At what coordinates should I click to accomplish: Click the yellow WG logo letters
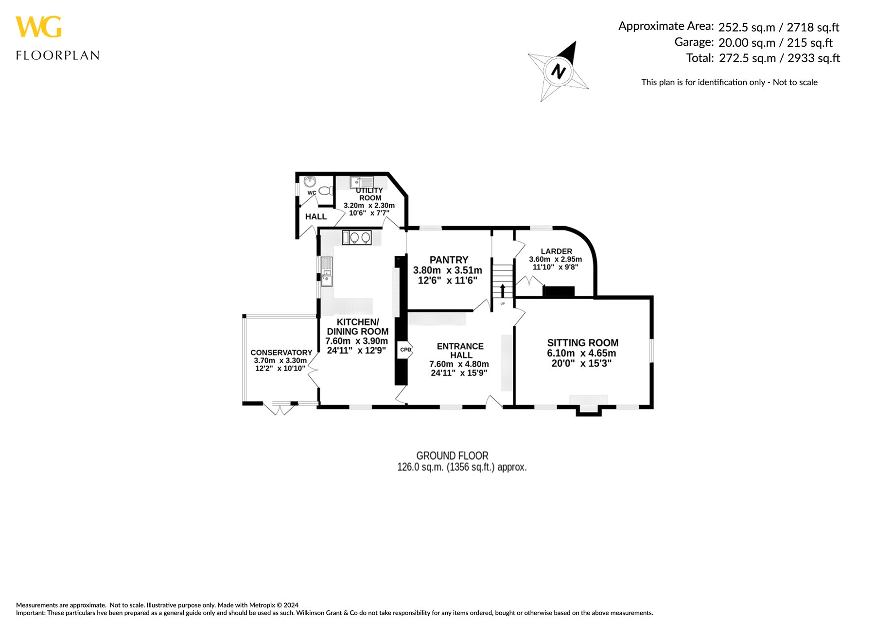38,27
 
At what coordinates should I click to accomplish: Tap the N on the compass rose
559,71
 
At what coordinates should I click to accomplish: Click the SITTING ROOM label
582,343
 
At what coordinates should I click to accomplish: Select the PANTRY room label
449,260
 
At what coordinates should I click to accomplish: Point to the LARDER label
556,251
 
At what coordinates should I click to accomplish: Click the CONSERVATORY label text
281,353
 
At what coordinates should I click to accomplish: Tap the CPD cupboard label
405,350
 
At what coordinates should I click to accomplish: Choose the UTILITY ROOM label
369,194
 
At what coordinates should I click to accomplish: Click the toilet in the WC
326,191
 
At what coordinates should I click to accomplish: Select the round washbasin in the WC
310,182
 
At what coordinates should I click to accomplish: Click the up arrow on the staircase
503,291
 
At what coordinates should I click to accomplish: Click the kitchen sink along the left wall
326,271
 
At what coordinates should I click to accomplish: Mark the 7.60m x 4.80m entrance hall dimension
459,364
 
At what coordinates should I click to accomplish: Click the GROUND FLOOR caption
452,456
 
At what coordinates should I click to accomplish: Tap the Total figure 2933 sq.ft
814,58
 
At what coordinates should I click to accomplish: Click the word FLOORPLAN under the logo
57,55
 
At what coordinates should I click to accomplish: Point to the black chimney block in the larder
559,292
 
